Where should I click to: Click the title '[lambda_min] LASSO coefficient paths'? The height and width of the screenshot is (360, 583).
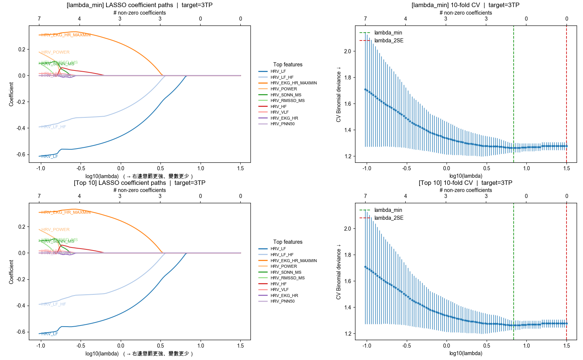(x=139, y=5)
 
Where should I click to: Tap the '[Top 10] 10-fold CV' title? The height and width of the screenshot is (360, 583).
(x=465, y=183)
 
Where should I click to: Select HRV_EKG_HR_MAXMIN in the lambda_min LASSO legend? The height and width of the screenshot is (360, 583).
(x=293, y=83)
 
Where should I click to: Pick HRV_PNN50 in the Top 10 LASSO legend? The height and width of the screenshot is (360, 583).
(x=282, y=301)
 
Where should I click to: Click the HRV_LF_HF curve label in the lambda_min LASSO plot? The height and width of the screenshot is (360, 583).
(x=54, y=127)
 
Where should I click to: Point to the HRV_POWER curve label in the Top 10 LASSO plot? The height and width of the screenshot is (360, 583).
(x=55, y=229)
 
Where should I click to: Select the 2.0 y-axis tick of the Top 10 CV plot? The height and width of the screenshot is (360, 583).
(x=348, y=229)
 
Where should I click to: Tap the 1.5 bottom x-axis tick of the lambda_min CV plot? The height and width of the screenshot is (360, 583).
(x=567, y=168)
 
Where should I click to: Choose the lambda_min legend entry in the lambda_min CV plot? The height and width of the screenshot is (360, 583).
(x=388, y=33)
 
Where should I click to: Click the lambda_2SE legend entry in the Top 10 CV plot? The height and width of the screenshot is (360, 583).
(x=389, y=218)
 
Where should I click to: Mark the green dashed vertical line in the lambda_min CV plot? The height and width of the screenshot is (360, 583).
(x=514, y=94)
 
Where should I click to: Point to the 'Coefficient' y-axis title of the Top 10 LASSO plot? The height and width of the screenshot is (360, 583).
(x=11, y=272)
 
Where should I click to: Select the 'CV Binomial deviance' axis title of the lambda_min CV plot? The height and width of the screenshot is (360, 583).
(x=339, y=94)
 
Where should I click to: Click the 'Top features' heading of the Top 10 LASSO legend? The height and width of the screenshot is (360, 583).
(x=288, y=242)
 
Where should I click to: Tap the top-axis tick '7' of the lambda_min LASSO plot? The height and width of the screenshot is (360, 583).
(x=39, y=19)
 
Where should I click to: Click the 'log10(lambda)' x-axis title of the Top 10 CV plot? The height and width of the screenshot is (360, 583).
(x=466, y=353)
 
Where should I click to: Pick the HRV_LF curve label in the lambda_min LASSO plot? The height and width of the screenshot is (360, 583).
(x=50, y=156)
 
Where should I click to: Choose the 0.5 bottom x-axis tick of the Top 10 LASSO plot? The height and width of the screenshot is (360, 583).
(x=161, y=346)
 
